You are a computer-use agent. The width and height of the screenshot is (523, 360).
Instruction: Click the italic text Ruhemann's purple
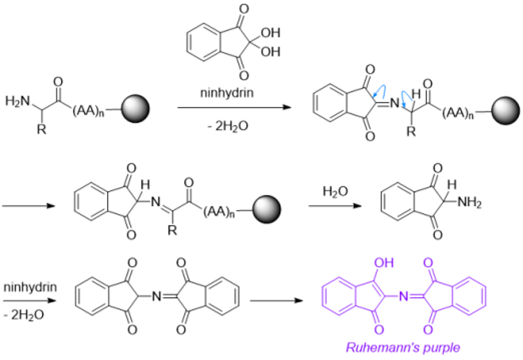[x=403, y=348]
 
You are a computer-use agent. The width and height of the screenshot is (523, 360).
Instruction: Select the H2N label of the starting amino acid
[x=17, y=101]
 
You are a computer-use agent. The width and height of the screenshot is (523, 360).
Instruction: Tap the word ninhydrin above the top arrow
[x=226, y=92]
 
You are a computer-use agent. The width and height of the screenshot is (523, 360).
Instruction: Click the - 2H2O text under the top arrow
[x=226, y=126]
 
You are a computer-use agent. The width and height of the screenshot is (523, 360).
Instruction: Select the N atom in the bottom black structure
[x=155, y=297]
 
